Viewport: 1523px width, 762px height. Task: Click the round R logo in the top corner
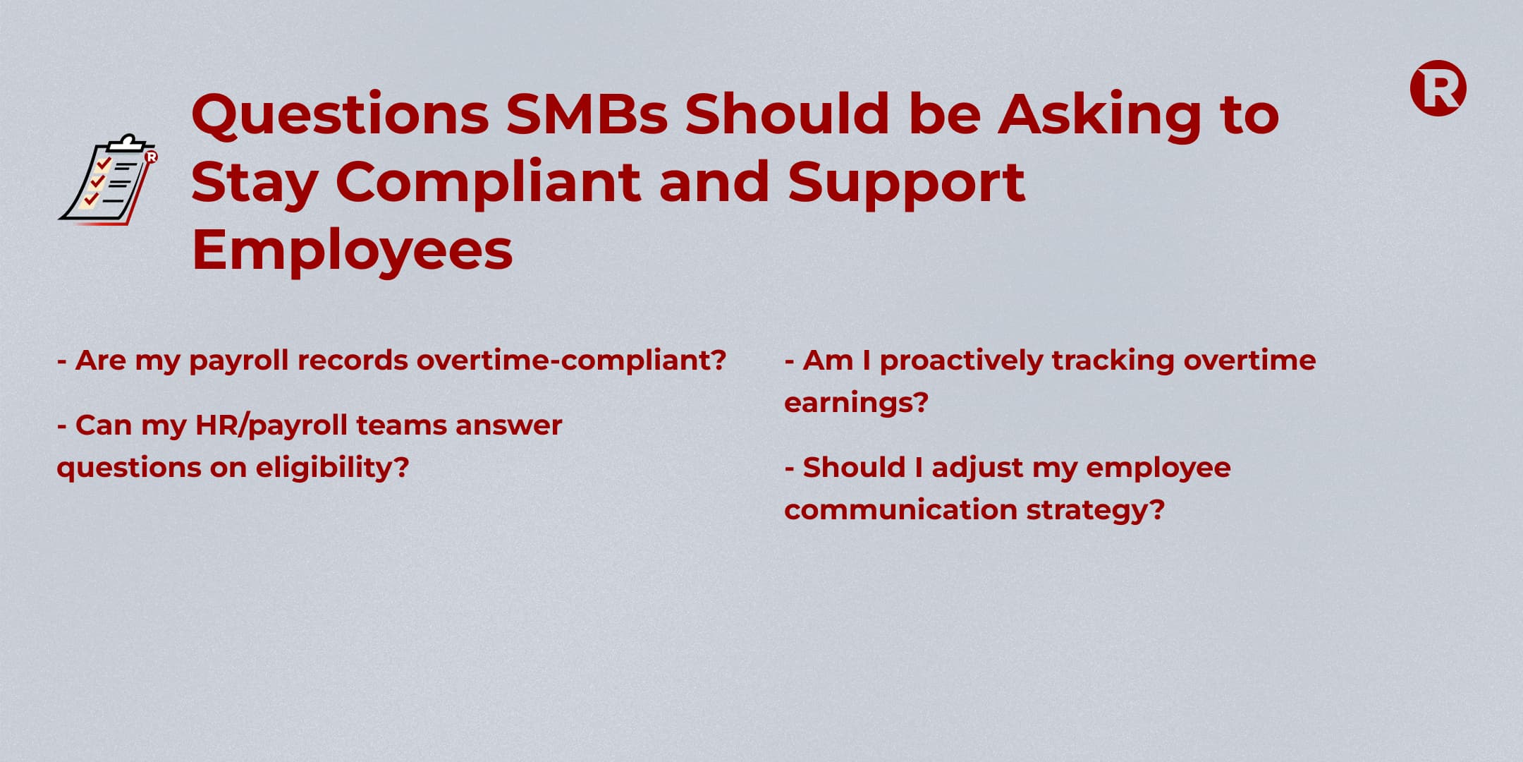click(1438, 88)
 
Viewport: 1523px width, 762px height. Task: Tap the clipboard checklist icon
click(108, 179)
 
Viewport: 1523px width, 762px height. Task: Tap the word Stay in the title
click(255, 183)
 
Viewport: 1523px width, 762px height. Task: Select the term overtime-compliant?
click(571, 361)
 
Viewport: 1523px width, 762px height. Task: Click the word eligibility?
click(332, 468)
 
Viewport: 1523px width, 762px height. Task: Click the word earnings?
click(856, 404)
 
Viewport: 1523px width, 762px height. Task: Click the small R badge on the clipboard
click(151, 157)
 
